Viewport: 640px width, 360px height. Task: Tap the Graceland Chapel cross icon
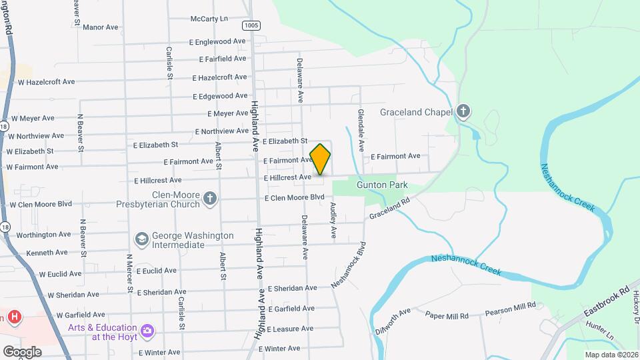(463, 112)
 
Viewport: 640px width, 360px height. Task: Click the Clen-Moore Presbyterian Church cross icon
(210, 198)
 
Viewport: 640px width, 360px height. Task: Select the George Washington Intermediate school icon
(141, 239)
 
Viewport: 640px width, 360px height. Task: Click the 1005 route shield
(251, 25)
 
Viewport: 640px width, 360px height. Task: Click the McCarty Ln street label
(209, 19)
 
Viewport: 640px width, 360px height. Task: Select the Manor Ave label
(101, 27)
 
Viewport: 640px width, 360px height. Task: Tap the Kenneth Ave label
(47, 253)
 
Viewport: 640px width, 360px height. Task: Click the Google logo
(22, 352)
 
